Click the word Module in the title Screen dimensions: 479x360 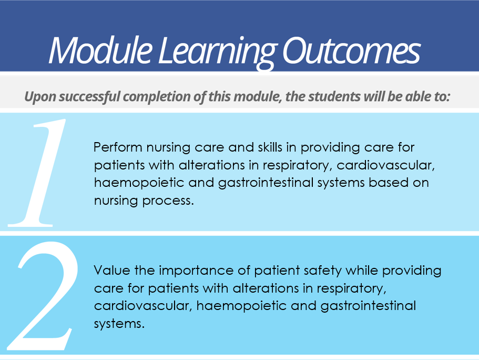pyautogui.click(x=100, y=50)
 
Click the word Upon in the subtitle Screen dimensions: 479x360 pyautogui.click(x=40, y=97)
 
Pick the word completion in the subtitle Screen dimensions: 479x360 pyautogui.click(x=158, y=97)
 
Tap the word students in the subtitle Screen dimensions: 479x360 pyautogui.click(x=334, y=96)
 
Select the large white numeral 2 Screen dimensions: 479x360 pyautogui.click(x=43, y=296)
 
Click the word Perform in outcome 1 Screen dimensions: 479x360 pyautogui.click(x=118, y=147)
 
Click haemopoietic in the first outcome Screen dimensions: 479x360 pyautogui.click(x=139, y=183)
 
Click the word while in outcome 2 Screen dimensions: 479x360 pyautogui.click(x=362, y=271)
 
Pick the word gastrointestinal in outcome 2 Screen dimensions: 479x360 pyautogui.click(x=368, y=306)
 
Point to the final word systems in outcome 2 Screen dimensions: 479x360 pyautogui.click(x=119, y=324)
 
